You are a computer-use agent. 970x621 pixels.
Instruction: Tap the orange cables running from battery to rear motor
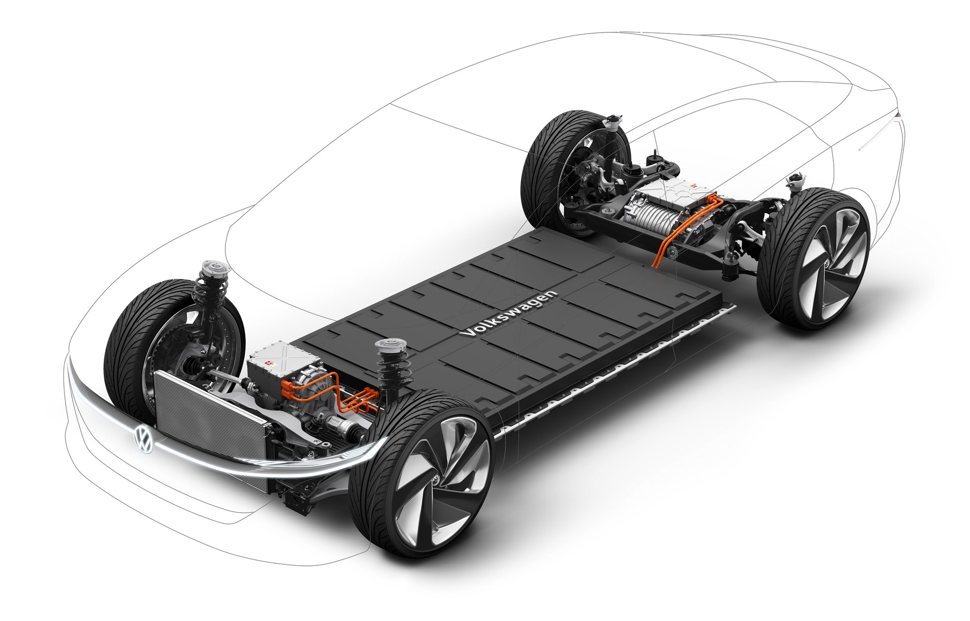pyautogui.click(x=666, y=248)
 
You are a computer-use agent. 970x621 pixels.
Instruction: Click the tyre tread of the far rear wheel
pyautogui.click(x=539, y=160)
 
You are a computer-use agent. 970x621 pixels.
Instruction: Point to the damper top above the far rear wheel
pyautogui.click(x=612, y=121)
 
